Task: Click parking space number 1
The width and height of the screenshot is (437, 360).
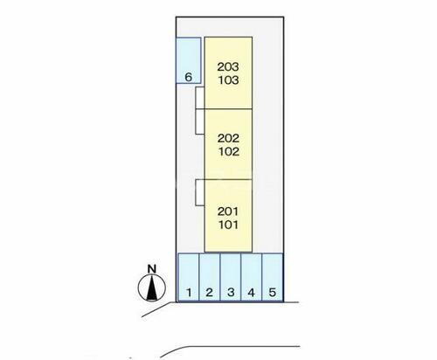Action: (x=189, y=277)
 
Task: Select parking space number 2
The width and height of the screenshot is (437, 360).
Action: (x=210, y=277)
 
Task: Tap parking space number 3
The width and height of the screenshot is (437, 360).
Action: (x=231, y=277)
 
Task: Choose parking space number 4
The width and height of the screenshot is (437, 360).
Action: (x=252, y=277)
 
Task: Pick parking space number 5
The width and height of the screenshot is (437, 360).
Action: (x=273, y=277)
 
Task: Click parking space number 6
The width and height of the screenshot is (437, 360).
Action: (x=189, y=60)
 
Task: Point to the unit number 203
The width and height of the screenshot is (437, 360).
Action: (x=228, y=66)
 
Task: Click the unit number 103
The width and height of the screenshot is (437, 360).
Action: (x=229, y=80)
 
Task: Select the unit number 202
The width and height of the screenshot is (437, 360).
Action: (x=228, y=138)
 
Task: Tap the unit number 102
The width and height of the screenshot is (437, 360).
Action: (x=229, y=151)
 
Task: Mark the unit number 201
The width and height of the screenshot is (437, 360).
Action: (x=228, y=211)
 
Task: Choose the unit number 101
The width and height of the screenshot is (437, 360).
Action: (x=228, y=225)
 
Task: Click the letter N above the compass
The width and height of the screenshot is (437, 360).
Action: (x=152, y=268)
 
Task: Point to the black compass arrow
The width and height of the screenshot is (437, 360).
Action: (x=152, y=288)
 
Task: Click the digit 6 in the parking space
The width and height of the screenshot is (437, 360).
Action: (x=189, y=77)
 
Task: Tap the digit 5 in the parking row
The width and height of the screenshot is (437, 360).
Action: (x=273, y=292)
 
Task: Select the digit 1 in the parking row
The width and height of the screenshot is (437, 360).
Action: (x=189, y=292)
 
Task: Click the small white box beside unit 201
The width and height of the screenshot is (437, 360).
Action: (x=200, y=192)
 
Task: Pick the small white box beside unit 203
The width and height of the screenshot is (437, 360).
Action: (x=200, y=98)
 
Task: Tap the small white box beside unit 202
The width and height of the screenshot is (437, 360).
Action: (x=200, y=121)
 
